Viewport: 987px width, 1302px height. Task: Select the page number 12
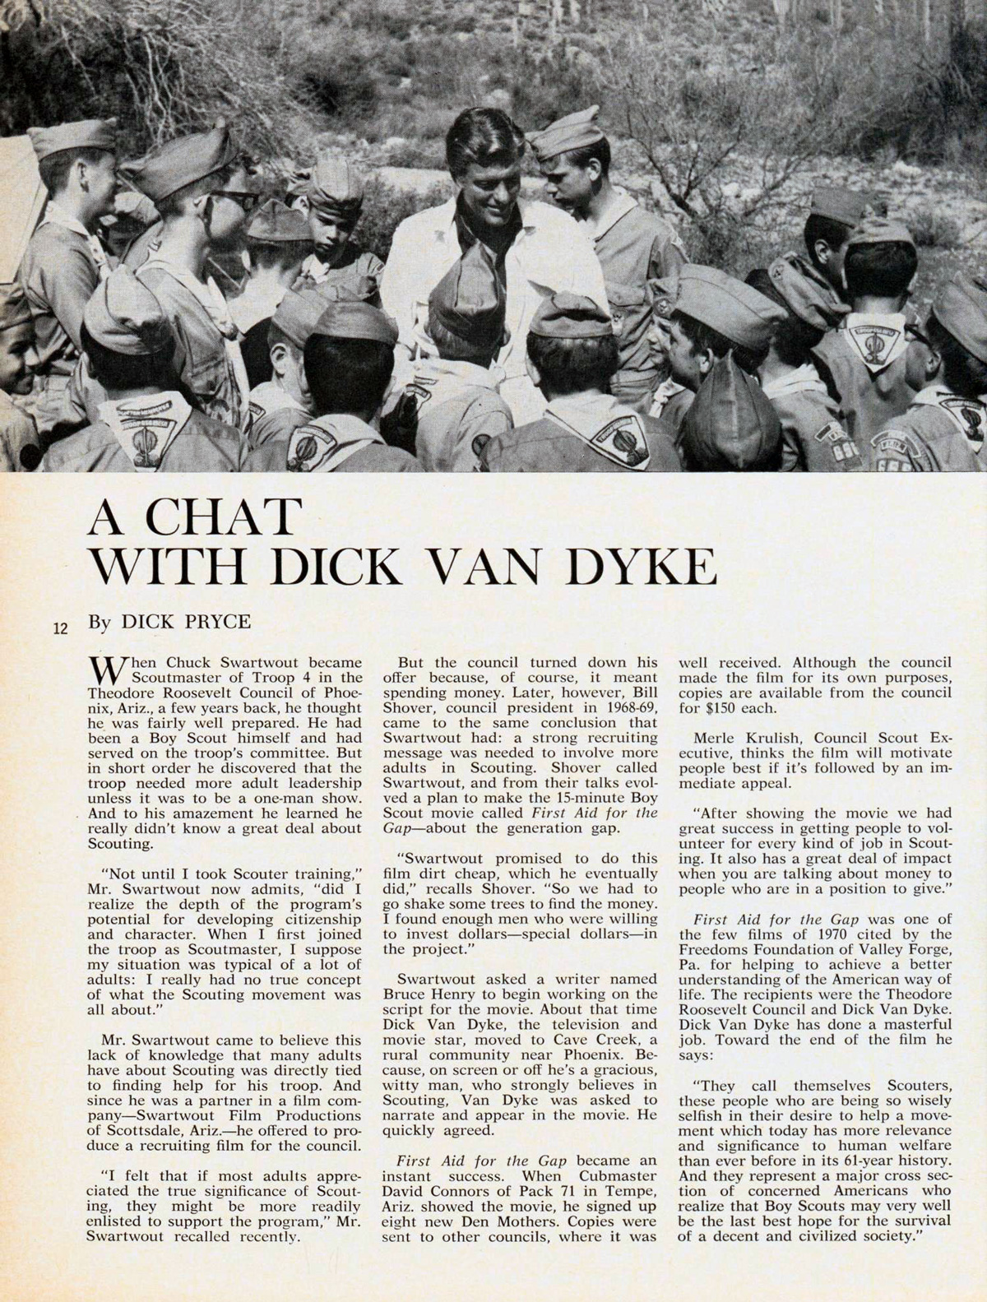[60, 628]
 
